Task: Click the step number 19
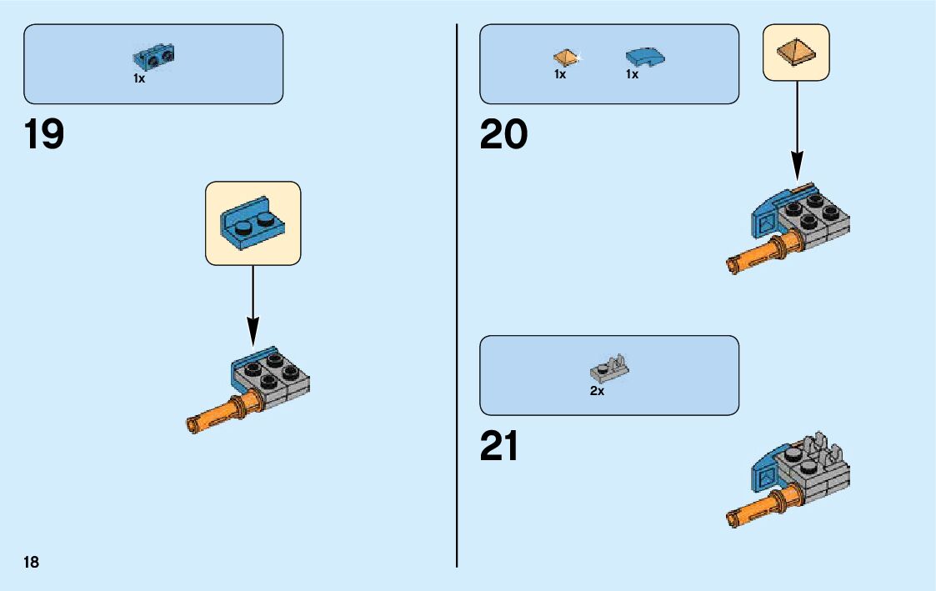44,134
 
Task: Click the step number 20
503,134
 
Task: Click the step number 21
499,446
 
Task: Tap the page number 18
31,562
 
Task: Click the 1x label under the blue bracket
139,78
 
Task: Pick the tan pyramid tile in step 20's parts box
565,58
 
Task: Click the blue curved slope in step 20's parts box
645,58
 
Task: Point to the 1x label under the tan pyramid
560,74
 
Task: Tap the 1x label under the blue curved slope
633,74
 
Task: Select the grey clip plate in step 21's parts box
609,368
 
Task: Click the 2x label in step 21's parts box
597,391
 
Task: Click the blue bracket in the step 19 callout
253,223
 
